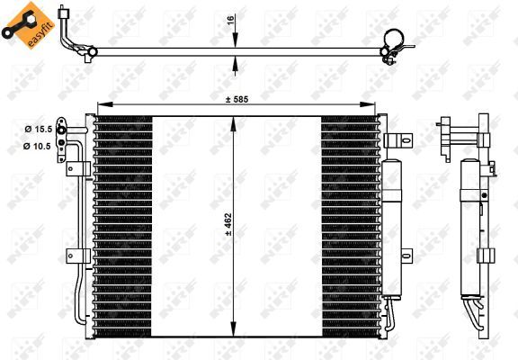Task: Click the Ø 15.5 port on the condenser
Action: click(62, 130)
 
